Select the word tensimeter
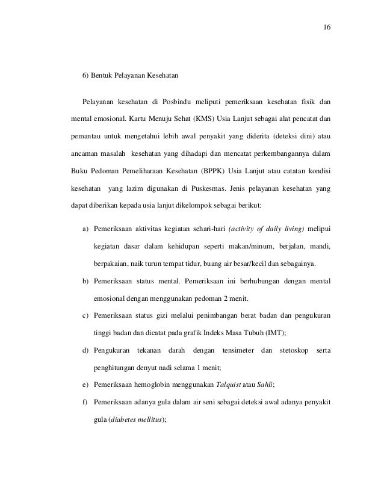(231, 350)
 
